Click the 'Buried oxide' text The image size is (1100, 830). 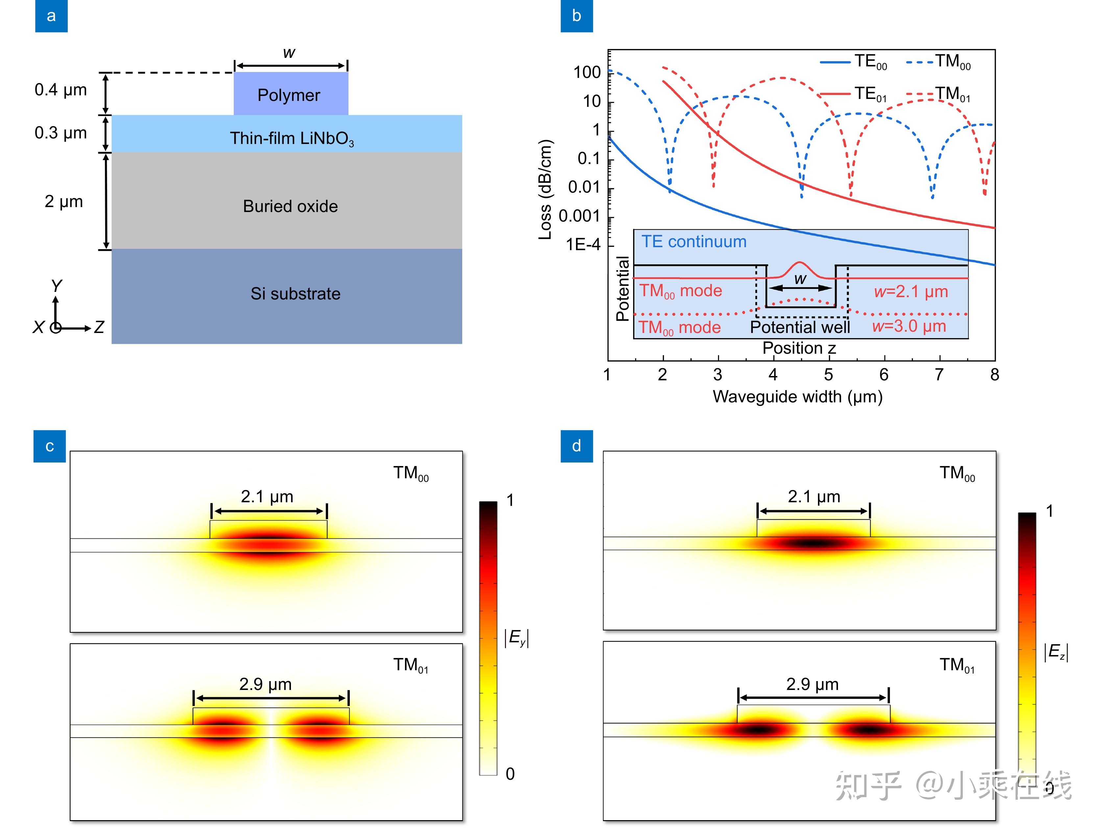pos(290,206)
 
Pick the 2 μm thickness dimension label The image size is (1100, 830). pos(64,202)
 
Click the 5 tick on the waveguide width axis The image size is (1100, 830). pos(828,374)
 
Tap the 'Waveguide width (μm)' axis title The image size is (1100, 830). pos(797,396)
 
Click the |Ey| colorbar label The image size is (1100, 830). pos(516,638)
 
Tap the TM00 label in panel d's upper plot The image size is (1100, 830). pos(957,473)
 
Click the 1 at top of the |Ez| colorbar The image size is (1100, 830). pos(1049,511)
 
